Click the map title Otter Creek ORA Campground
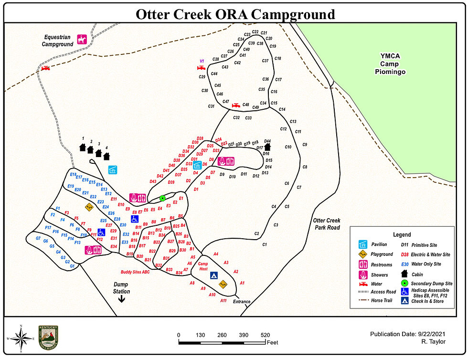(x=235, y=14)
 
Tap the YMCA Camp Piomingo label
(x=393, y=64)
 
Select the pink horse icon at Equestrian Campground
(x=82, y=40)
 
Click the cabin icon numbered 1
(x=83, y=147)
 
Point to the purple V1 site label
(x=202, y=61)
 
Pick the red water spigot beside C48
(x=235, y=105)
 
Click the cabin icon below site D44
(x=267, y=147)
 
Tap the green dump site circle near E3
(x=162, y=198)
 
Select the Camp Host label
(x=203, y=266)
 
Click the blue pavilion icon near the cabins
(x=113, y=169)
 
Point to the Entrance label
(x=242, y=301)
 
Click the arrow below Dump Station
(x=121, y=299)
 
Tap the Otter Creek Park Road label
(x=327, y=224)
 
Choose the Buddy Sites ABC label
(x=135, y=272)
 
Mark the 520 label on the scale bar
(x=265, y=335)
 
